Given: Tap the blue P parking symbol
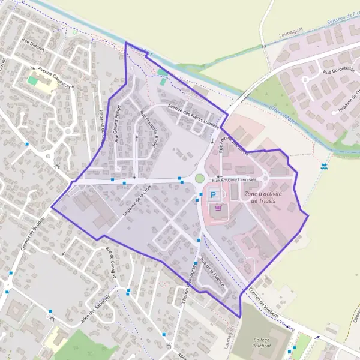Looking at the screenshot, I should click(x=214, y=195).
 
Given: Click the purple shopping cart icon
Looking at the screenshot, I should click(x=218, y=208).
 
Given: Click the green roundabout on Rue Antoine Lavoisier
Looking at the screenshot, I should click(x=199, y=178).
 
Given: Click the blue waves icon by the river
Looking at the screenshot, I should click(x=325, y=166).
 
